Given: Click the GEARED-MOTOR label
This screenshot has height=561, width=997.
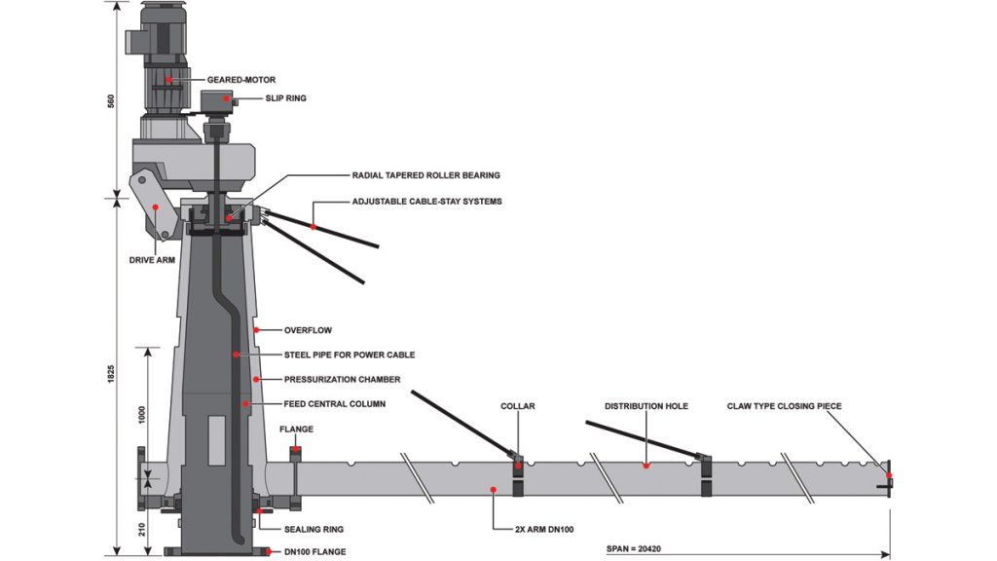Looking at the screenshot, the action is click(x=241, y=80).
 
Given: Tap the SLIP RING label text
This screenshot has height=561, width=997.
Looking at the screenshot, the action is click(x=285, y=98).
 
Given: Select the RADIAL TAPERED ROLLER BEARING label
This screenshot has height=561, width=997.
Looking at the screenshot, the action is click(x=426, y=175).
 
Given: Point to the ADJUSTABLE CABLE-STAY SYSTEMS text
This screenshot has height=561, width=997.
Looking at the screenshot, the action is click(x=426, y=202).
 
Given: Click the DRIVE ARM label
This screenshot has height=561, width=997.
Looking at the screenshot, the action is click(x=152, y=260).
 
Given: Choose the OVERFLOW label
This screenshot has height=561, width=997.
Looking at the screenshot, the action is click(x=308, y=331).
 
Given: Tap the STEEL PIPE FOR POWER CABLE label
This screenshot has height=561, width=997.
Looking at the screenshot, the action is click(x=350, y=355).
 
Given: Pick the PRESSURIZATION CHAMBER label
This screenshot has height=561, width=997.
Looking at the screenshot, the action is click(x=342, y=380).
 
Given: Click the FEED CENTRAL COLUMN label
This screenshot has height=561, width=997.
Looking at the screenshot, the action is click(x=335, y=404).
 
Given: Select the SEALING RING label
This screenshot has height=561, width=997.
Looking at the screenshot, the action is click(x=314, y=529).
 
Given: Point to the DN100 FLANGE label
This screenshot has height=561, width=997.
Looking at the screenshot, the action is click(x=314, y=552).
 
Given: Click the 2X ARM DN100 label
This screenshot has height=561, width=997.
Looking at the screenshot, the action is click(x=544, y=529).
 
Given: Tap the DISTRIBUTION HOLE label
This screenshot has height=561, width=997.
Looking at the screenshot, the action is click(x=646, y=406).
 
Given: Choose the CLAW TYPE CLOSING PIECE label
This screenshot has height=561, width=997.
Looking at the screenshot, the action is click(x=784, y=406).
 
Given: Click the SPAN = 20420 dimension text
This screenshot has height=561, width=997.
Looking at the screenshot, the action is click(x=634, y=548).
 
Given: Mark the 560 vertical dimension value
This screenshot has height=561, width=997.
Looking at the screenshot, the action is click(x=111, y=101).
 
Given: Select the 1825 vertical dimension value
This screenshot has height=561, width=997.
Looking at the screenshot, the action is click(x=111, y=374).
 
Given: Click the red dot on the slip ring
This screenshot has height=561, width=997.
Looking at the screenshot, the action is click(x=226, y=98).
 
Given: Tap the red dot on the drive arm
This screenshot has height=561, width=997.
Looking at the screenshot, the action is click(x=155, y=206).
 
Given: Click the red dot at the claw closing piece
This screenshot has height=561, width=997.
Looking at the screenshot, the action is click(x=889, y=475).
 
